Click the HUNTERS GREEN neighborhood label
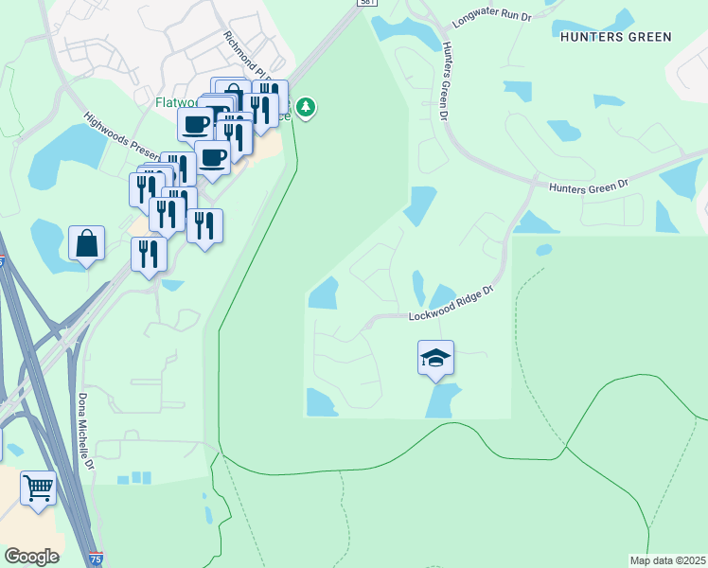pos(615,37)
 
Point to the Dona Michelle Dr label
pos(87,431)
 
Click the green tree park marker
pos(305,107)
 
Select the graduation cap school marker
pos(435,358)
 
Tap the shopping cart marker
pos(38,488)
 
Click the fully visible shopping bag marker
pos(87,243)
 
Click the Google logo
pos(31,556)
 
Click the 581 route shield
pos(369,4)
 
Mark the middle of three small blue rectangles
pos(135,478)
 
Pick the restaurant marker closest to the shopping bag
pos(149,254)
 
